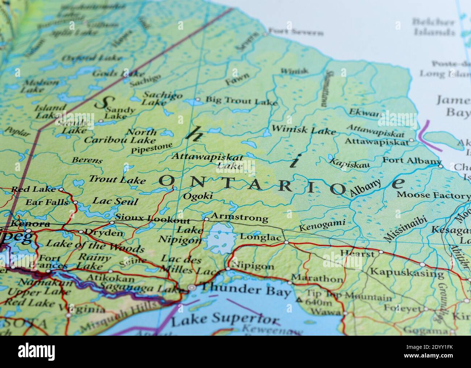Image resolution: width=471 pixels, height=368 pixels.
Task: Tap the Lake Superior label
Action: click(x=225, y=319)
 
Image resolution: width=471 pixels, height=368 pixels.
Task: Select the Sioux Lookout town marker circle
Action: click(x=112, y=222)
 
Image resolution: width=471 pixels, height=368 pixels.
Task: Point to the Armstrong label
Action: click(x=239, y=218)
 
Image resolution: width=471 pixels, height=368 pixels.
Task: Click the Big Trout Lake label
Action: click(x=241, y=100)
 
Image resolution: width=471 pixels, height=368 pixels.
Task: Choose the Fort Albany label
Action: click(x=412, y=160)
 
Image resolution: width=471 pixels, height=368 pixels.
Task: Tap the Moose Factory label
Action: click(x=433, y=195)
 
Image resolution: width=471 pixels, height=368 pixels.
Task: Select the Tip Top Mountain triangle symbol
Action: click(x=299, y=300)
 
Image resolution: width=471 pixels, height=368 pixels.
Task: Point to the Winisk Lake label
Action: click(x=304, y=129)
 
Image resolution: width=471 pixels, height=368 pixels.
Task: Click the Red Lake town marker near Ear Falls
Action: click(x=61, y=189)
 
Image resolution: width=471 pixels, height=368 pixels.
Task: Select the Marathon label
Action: click(x=317, y=279)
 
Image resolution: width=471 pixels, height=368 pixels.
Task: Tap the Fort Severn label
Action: click(x=296, y=33)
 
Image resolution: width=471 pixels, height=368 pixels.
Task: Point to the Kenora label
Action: click(x=30, y=224)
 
